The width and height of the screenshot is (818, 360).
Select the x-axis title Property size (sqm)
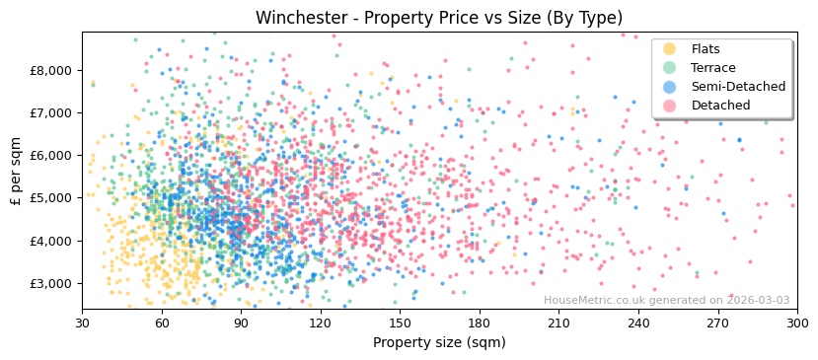pos(439,342)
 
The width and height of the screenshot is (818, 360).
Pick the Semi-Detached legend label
pos(738,87)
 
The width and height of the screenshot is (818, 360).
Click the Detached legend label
pos(721,106)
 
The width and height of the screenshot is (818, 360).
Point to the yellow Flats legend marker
pos(670,49)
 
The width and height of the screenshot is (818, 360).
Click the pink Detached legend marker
pos(670,106)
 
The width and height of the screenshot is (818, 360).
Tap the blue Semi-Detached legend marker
pos(670,87)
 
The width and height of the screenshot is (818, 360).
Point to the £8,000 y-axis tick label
pos(51,70)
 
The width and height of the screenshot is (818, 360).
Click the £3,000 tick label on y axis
pos(51,283)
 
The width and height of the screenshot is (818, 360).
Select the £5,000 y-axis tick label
pos(51,198)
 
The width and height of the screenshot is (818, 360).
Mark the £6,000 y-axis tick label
pos(51,156)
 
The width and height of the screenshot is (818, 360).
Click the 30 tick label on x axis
pos(82,324)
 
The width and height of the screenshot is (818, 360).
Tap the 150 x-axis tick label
pos(400,324)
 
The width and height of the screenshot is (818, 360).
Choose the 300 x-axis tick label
pos(796,324)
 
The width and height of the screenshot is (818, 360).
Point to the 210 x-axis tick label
pos(558,324)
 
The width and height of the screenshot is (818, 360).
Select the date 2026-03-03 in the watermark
pos(757,301)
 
